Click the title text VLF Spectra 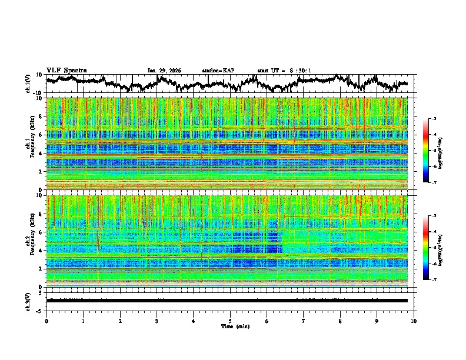coord(66,70)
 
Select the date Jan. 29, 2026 coord(164,71)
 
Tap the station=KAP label coord(218,71)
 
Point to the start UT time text coord(284,71)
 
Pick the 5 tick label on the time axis coord(230,321)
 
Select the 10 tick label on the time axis coord(414,321)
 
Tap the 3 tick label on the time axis coord(157,321)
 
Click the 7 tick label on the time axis coord(304,321)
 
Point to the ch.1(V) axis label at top coord(28,84)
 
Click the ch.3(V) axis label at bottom coord(28,301)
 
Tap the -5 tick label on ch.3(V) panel coord(39,309)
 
